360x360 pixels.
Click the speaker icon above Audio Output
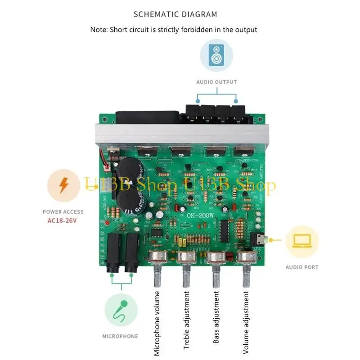point(216,56)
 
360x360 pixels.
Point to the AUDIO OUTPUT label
point(216,82)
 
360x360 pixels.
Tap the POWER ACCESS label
point(63,211)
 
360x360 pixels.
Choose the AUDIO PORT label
point(302,267)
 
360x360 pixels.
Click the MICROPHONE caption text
point(120,336)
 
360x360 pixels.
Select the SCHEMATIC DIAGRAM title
point(175,14)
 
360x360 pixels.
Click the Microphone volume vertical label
point(157,323)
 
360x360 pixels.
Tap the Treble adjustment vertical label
point(187,320)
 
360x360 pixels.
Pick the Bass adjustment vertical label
point(216,317)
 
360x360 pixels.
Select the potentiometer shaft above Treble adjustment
point(186,275)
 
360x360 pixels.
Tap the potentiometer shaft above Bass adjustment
point(216,275)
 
